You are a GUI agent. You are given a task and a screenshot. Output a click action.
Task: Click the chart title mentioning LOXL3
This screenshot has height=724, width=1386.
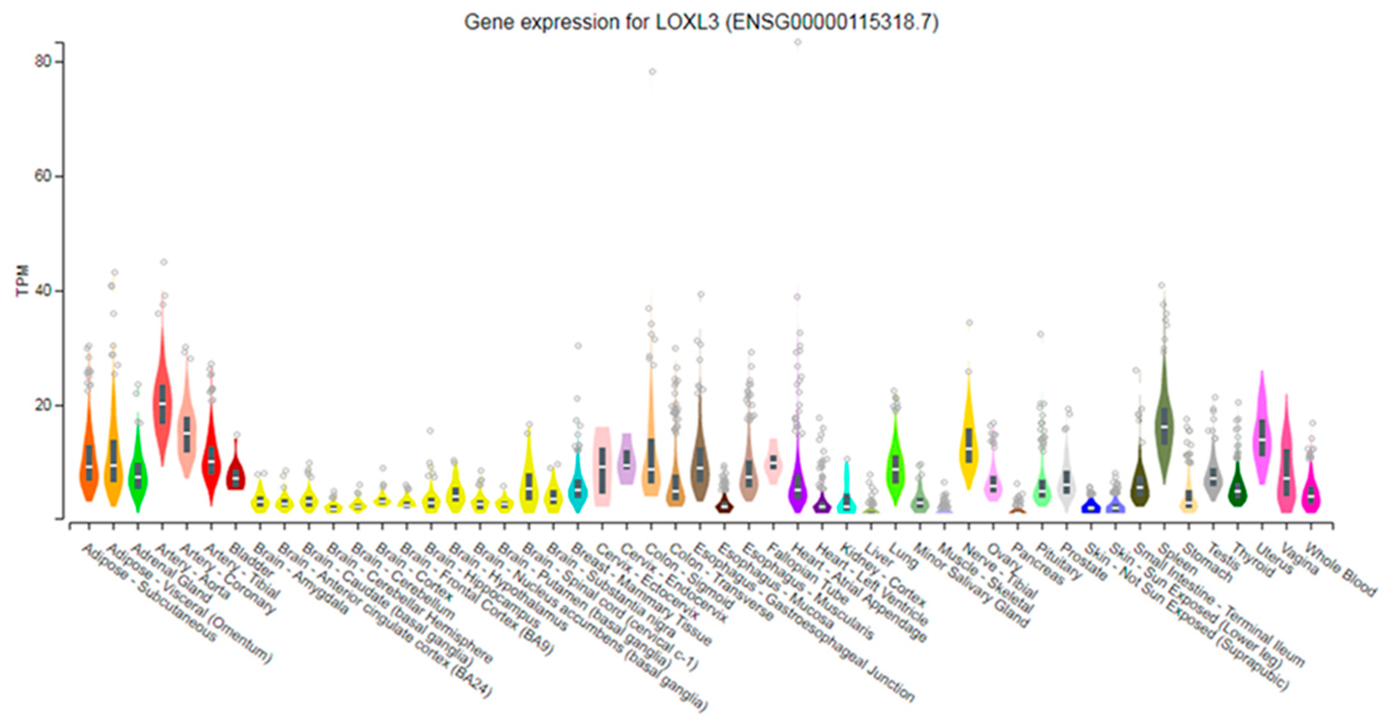pos(701,23)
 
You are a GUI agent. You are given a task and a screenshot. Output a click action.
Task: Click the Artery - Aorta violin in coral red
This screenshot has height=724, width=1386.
pos(162,403)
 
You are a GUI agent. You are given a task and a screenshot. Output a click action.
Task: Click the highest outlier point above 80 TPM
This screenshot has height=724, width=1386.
pos(798,42)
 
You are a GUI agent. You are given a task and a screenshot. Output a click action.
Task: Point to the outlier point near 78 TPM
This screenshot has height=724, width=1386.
pos(652,72)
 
